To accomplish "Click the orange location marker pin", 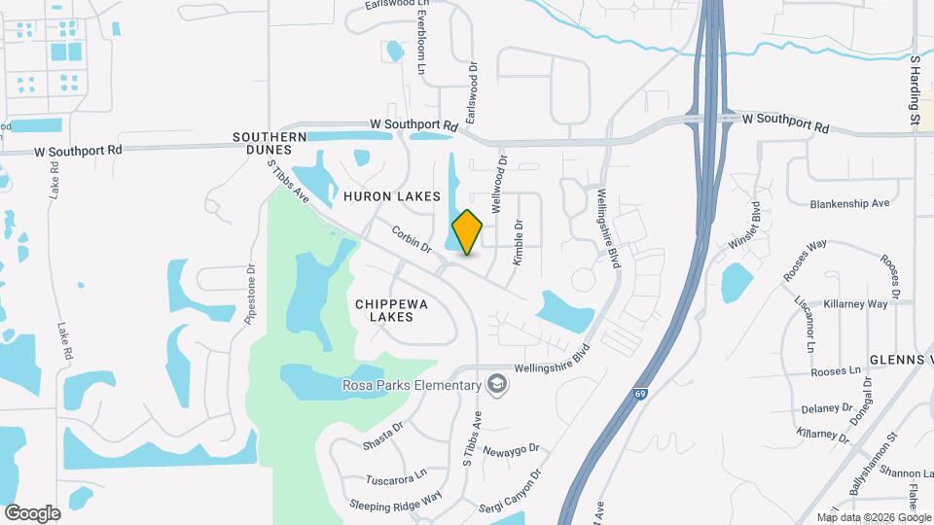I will coord(468,231).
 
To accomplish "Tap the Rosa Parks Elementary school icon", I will coord(498,385).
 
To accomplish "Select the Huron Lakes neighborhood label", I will coord(392,196).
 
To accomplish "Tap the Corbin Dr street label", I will coord(412,239).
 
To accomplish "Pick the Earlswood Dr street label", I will coord(474,93).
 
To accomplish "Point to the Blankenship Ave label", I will coord(849,204).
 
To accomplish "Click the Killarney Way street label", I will coord(856,304).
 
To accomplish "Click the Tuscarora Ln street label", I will coord(396,478).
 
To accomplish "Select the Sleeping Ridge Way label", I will coord(396,500).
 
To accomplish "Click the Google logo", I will coord(32,512).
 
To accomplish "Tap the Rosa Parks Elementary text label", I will coord(412,386).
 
